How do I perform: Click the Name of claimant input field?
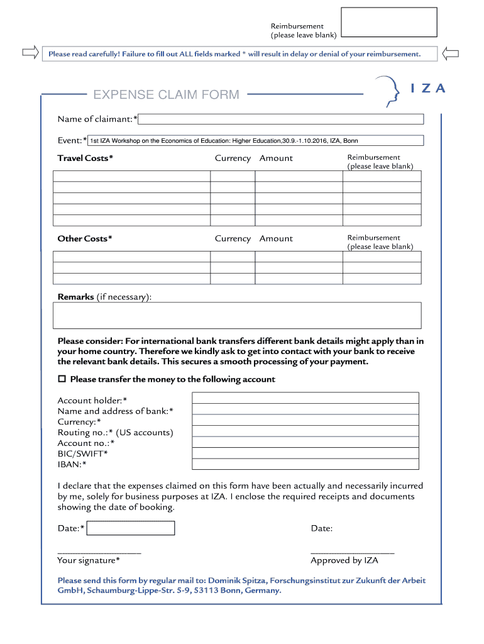click(281, 119)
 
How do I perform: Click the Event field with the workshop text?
click(255, 140)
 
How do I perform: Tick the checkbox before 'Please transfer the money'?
click(62, 379)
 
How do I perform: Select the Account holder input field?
click(305, 398)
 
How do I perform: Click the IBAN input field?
click(305, 464)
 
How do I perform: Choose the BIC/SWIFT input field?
click(305, 453)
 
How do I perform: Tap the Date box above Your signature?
click(130, 528)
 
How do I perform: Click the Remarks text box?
click(238, 316)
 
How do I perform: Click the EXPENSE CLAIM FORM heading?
click(166, 95)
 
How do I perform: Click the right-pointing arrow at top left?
click(30, 53)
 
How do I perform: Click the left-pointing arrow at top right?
click(450, 53)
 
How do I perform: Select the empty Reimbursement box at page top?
click(388, 23)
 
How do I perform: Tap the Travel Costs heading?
click(85, 158)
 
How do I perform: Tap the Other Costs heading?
click(85, 239)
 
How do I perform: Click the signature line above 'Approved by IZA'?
click(352, 552)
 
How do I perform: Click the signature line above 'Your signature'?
click(99, 552)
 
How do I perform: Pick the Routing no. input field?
click(305, 431)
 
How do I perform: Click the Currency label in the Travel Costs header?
click(233, 158)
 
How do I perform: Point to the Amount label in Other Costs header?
click(276, 239)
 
